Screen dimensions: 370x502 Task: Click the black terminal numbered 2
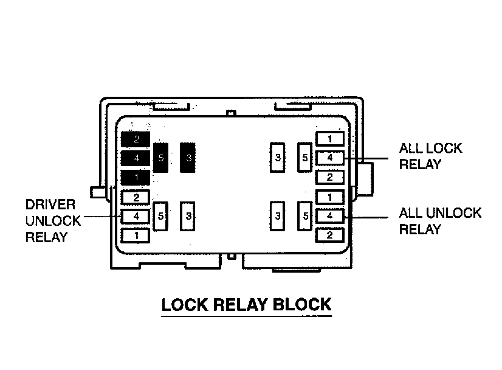136,139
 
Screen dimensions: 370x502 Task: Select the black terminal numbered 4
136,158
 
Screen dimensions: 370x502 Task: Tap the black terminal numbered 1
136,178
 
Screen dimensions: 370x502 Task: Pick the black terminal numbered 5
161,158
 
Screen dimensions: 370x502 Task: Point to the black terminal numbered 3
189,158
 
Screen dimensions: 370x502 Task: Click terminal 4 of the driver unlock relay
136,216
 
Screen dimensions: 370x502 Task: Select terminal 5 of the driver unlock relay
161,216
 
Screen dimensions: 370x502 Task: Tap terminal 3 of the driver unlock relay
189,216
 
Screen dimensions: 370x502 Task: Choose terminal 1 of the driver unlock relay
136,235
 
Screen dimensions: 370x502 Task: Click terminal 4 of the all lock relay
329,158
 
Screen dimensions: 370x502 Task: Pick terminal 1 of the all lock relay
329,139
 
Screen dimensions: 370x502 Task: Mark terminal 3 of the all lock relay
278,158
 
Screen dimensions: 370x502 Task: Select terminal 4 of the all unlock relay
329,215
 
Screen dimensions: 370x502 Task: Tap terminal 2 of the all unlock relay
329,235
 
